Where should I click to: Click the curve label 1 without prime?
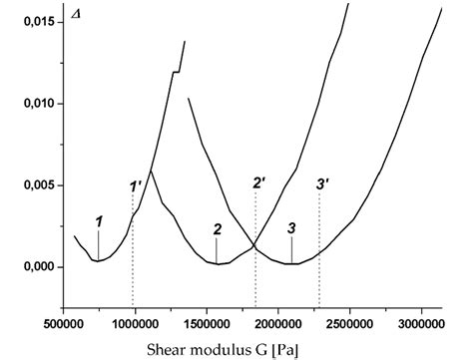coord(98,219)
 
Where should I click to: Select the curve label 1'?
coord(136,185)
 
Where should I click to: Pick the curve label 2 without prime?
coord(217,229)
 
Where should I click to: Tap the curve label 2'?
coord(258,182)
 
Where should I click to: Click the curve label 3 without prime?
coord(291,229)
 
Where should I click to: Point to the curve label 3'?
coord(321,183)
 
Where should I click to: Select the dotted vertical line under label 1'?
coord(133,259)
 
